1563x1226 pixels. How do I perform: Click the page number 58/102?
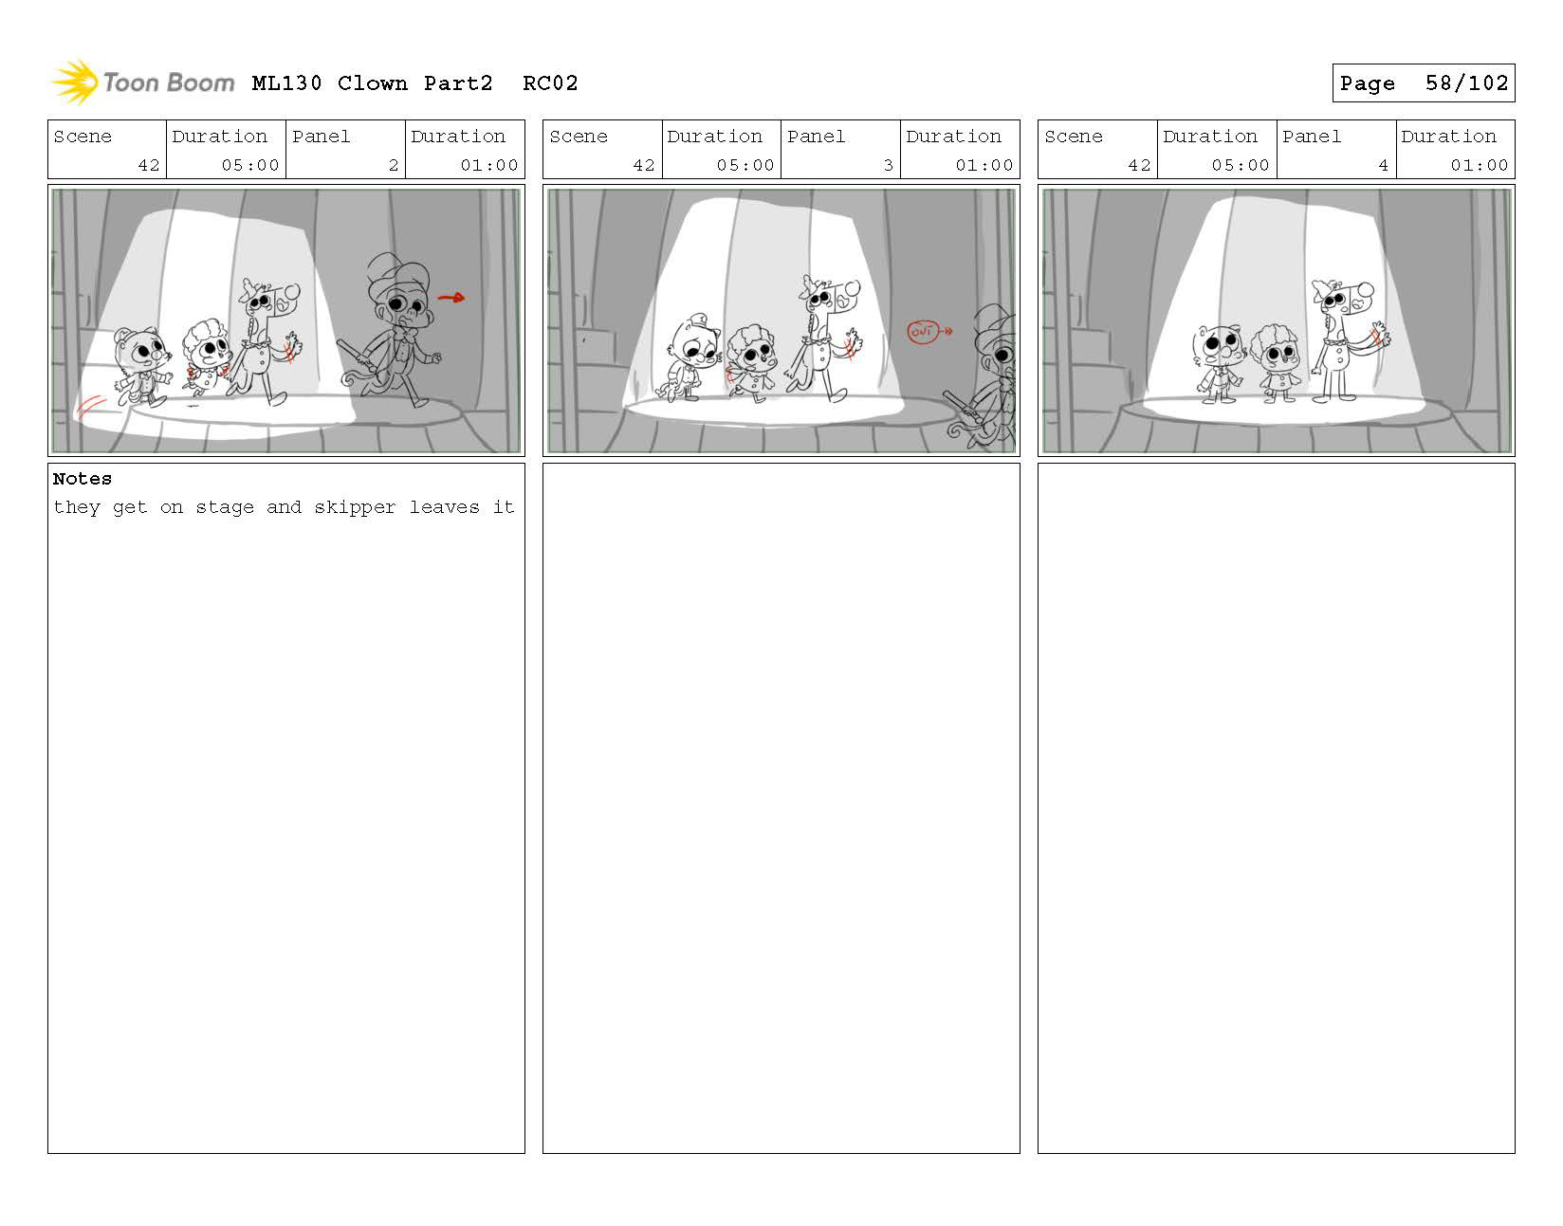[1466, 83]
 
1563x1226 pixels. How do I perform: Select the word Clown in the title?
[372, 83]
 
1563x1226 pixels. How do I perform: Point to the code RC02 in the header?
[549, 83]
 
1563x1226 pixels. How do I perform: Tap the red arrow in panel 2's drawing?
[451, 297]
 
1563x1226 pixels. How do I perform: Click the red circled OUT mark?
[923, 332]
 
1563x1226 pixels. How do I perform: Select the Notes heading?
[82, 479]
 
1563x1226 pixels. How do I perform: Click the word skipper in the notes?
[355, 507]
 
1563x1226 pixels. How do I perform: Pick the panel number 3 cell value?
[889, 165]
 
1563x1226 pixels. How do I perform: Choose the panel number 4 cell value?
[1383, 165]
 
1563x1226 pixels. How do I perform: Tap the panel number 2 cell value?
[394, 165]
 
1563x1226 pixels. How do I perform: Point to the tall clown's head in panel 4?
[1341, 300]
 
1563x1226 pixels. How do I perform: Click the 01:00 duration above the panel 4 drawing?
[1479, 165]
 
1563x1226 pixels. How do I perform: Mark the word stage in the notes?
[225, 508]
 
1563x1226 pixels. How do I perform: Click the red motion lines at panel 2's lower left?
[91, 408]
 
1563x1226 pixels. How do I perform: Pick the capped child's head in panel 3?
[695, 341]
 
